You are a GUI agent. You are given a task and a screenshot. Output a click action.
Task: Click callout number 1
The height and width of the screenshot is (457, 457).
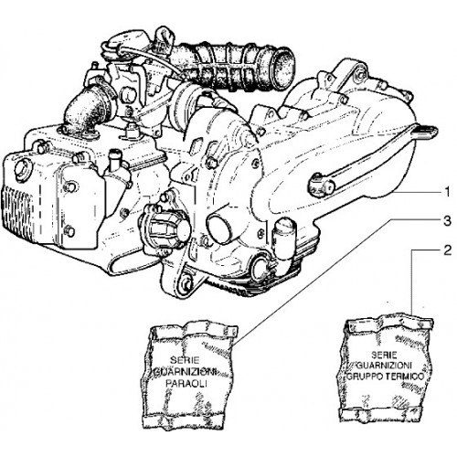(x=447, y=193)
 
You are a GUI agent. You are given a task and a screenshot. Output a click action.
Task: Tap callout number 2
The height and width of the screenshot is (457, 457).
(x=447, y=250)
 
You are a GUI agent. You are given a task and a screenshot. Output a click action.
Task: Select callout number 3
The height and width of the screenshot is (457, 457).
(x=447, y=220)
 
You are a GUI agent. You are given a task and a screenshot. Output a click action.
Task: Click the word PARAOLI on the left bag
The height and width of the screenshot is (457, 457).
(x=186, y=384)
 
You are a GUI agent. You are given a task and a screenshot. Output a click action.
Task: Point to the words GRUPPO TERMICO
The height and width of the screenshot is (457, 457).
(x=386, y=377)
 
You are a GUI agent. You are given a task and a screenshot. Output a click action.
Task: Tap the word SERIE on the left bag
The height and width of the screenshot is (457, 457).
(x=185, y=360)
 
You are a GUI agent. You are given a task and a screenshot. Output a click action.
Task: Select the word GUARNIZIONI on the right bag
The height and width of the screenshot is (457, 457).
(x=385, y=366)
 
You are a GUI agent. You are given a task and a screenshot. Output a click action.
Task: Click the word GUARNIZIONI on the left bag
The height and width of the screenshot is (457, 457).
(x=186, y=372)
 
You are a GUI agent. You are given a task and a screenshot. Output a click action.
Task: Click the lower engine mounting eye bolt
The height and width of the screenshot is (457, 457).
(x=186, y=282)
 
